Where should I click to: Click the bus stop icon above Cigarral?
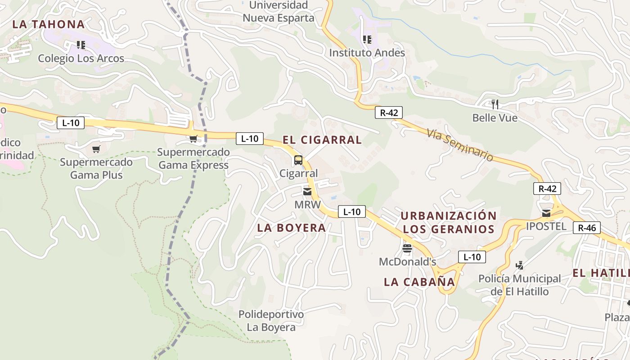298,160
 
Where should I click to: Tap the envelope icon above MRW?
307,192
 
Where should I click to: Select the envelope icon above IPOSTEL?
546,213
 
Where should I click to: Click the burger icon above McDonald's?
407,248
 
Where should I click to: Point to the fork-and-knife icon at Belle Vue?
495,104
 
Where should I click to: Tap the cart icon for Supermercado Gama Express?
193,139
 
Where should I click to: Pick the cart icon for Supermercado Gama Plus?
96,149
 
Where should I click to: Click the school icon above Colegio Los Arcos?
81,45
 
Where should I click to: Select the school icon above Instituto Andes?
367,40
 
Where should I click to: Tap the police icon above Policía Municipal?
520,265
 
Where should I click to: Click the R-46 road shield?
587,228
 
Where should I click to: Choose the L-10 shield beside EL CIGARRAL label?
250,139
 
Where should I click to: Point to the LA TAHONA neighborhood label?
49,24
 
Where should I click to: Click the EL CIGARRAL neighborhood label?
322,140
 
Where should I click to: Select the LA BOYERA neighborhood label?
292,228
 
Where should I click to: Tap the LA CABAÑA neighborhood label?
419,282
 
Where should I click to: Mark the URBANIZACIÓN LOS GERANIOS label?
449,222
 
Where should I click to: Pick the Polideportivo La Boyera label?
271,320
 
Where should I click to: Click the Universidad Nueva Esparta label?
279,12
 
